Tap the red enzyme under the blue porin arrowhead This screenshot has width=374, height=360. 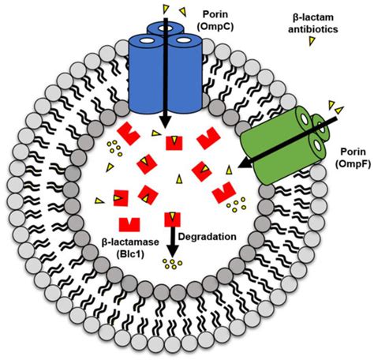[x=175, y=142]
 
